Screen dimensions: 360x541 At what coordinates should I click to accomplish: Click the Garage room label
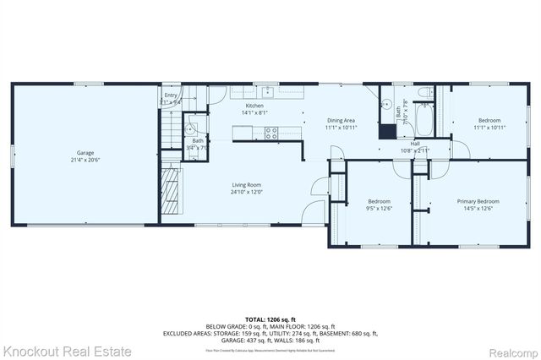point(83,153)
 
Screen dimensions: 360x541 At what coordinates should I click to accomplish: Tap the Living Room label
point(247,184)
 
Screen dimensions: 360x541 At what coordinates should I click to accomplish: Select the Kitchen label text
point(254,106)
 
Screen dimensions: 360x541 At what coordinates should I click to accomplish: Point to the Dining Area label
point(342,121)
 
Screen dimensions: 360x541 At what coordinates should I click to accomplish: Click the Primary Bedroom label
point(478,201)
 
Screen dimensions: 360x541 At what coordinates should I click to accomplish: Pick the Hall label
point(415,144)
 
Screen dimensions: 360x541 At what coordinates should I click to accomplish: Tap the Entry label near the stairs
point(171,96)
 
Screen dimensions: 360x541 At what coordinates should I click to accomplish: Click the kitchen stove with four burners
point(272,132)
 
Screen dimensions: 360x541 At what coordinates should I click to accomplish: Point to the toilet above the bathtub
point(424,93)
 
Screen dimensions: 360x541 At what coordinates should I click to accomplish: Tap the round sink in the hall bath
point(387,106)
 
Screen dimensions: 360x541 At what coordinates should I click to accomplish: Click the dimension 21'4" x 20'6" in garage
point(83,160)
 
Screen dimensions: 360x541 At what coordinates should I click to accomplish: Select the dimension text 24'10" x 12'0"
point(247,191)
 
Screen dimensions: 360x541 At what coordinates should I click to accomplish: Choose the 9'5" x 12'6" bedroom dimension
point(377,208)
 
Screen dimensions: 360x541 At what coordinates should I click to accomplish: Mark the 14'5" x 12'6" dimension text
point(478,208)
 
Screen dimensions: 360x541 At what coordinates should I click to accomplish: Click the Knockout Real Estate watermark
point(68,350)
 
